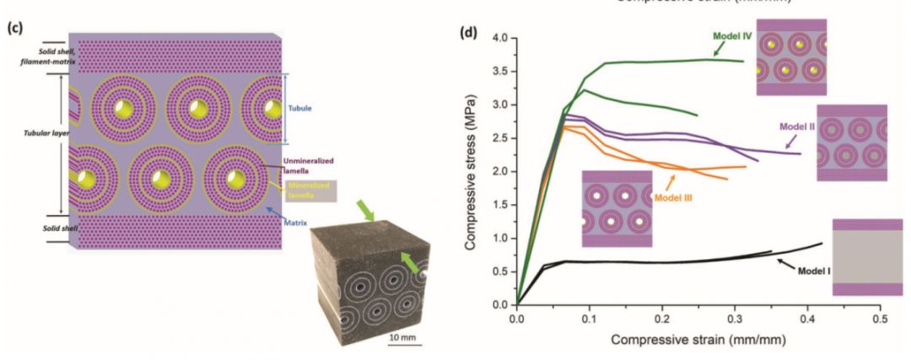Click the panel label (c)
[x=13, y=27]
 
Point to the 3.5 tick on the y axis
[x=500, y=73]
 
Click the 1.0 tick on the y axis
[x=500, y=239]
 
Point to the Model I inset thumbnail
[x=866, y=257]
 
